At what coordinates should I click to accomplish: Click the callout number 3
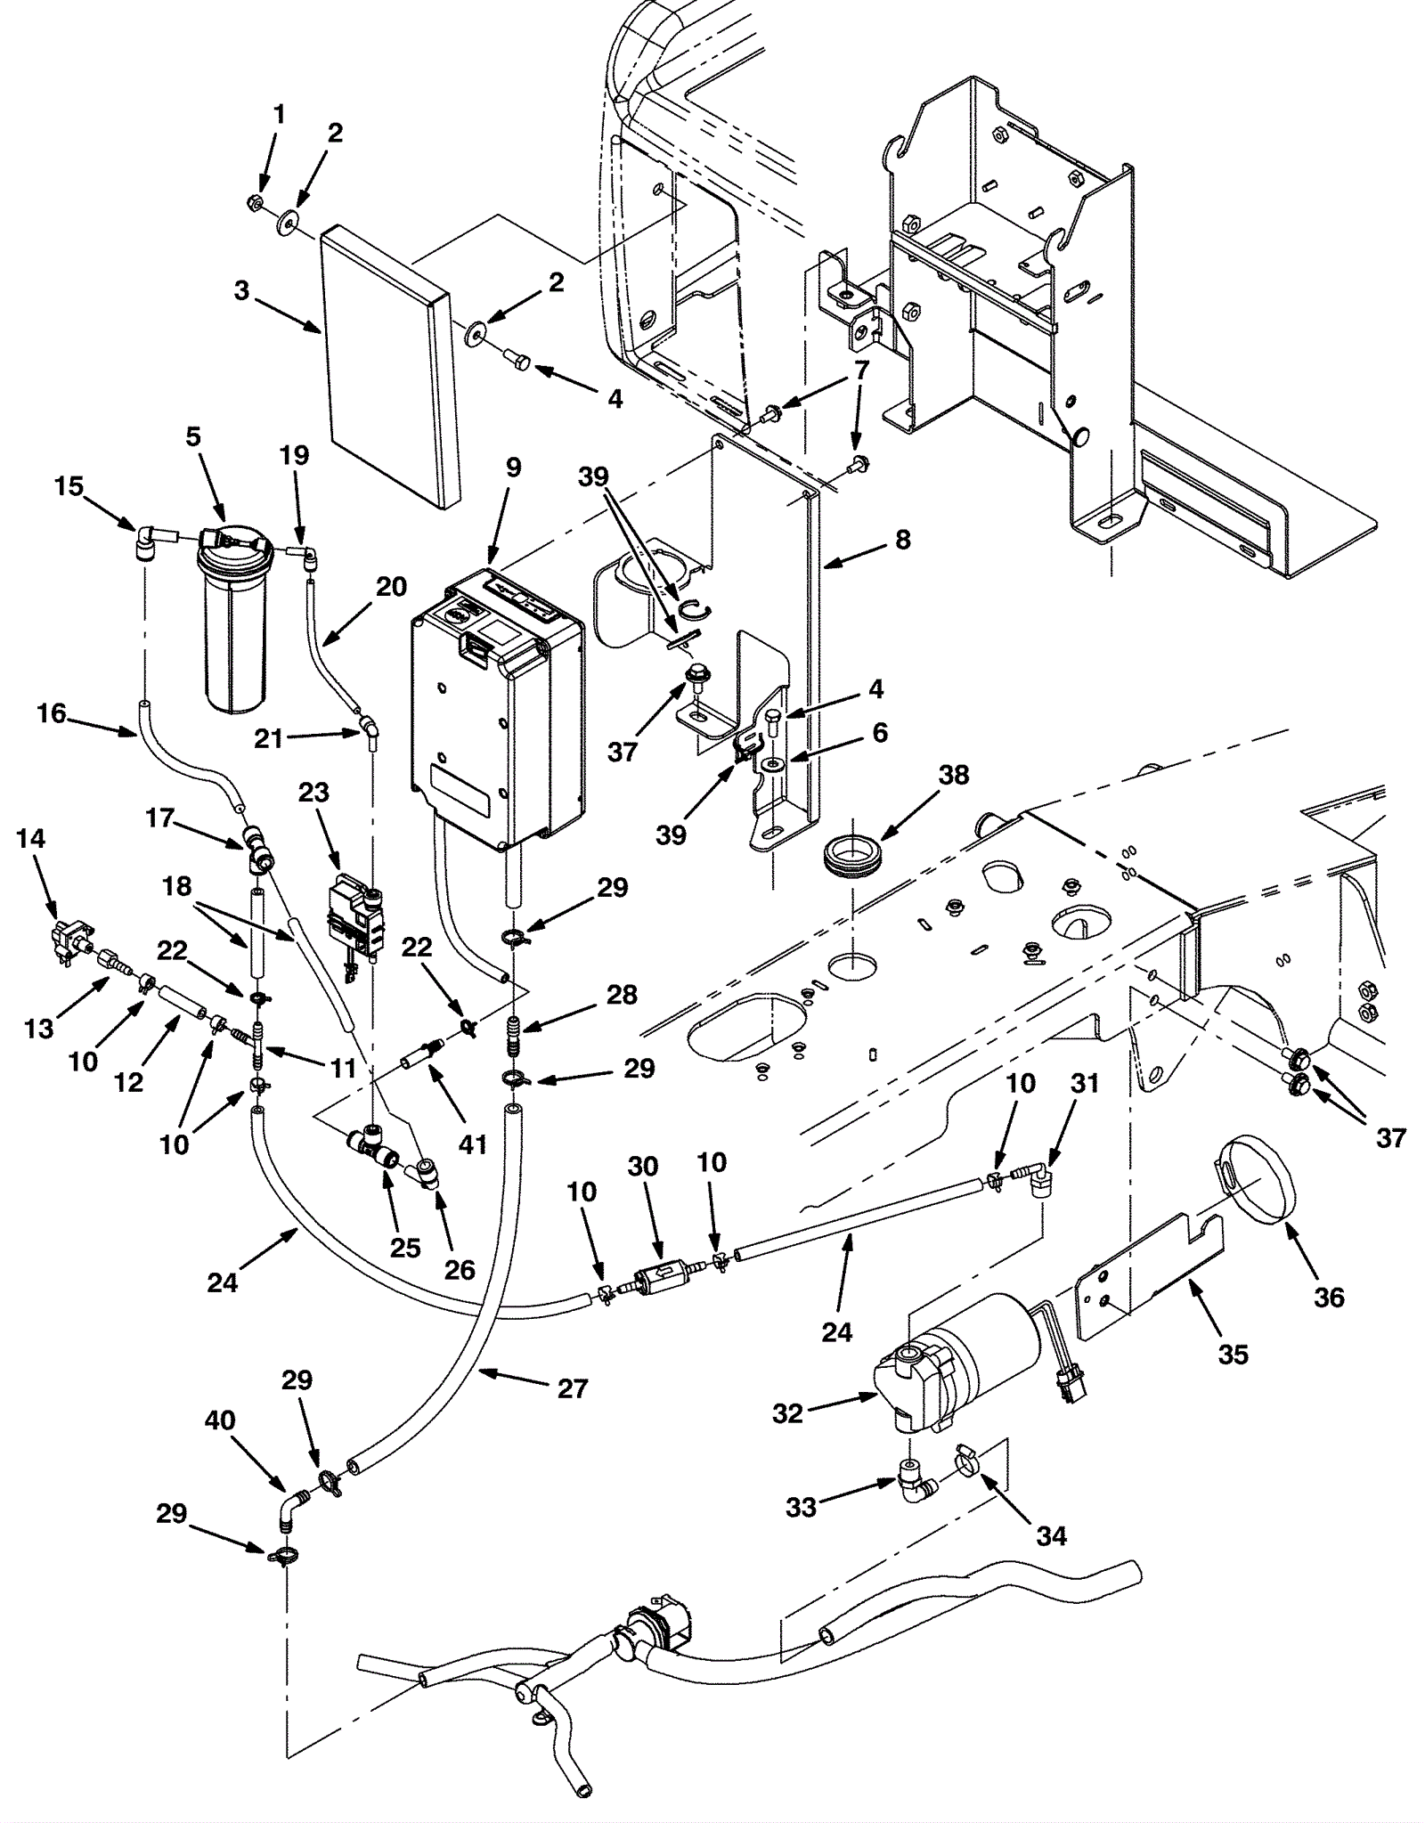(241, 291)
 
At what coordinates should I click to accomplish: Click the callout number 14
(30, 838)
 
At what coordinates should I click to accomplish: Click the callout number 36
(1329, 1297)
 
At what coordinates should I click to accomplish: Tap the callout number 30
(643, 1166)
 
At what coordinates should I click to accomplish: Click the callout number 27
(573, 1388)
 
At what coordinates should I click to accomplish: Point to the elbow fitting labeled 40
(290, 1509)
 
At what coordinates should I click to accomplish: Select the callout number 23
(313, 792)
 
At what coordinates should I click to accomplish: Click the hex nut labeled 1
(253, 204)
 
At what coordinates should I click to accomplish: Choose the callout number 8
(903, 539)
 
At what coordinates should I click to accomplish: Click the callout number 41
(472, 1143)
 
